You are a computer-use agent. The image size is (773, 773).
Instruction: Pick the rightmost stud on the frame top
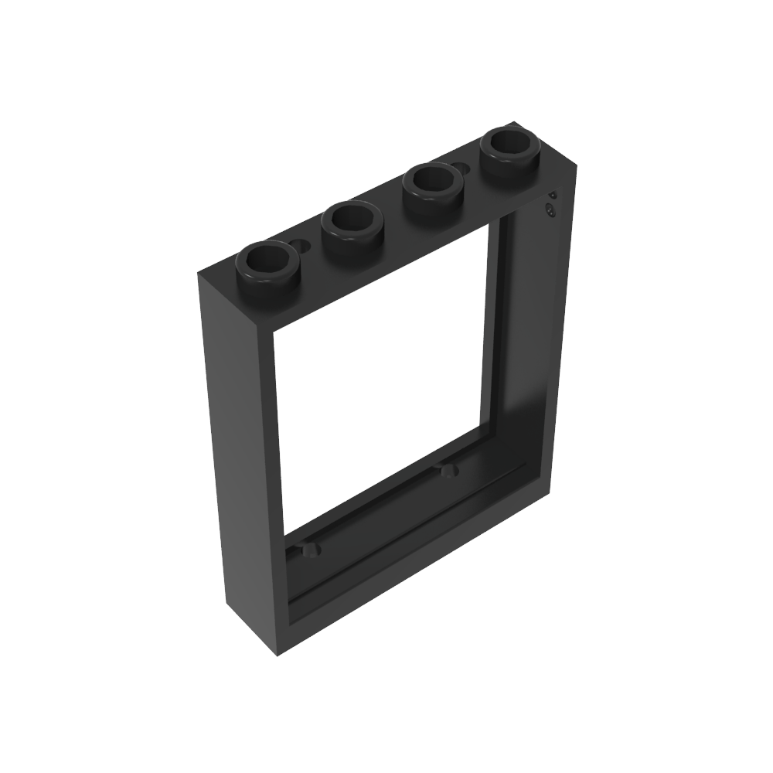509,147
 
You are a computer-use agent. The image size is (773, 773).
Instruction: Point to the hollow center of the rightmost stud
509,141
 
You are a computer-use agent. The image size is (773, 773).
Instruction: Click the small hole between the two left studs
301,246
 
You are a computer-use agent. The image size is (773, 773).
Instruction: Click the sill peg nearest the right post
446,469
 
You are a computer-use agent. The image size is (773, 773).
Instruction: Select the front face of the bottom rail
417,572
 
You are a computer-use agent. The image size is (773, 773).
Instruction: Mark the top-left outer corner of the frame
199,272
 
